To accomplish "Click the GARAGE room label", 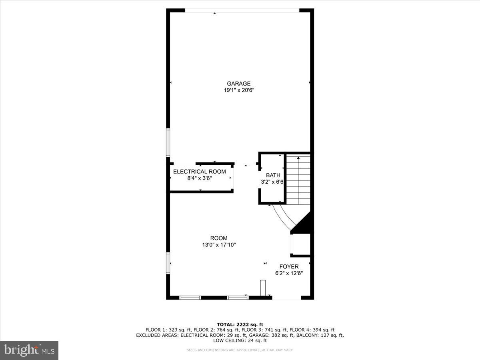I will click(x=239, y=84).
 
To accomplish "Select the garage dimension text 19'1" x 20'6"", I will click(x=239, y=90).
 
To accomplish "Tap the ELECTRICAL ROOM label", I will click(x=199, y=172).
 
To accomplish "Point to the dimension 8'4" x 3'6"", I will click(x=199, y=178).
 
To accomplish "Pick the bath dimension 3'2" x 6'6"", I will click(x=272, y=182).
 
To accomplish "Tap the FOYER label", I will click(x=289, y=267).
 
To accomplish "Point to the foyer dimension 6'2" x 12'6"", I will click(x=289, y=274).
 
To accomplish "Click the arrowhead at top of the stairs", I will click(x=298, y=158).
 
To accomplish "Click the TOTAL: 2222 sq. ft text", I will click(x=240, y=324).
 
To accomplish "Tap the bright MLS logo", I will click(x=29, y=350).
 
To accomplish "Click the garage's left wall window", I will click(x=168, y=142).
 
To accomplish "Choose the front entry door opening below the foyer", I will click(x=286, y=298).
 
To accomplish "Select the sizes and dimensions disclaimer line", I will click(x=240, y=350).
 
